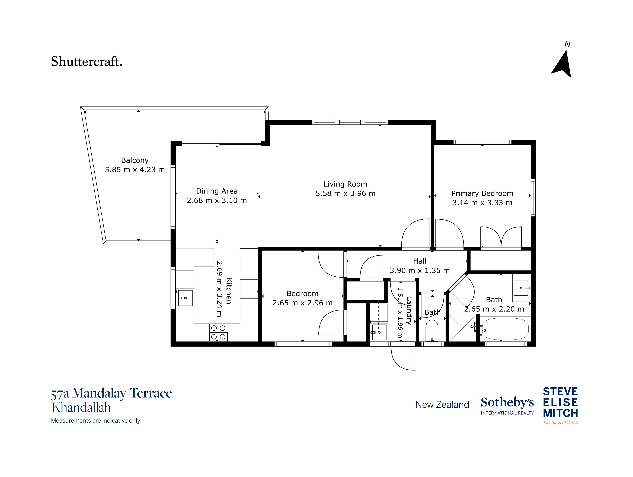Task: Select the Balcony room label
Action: [x=135, y=160]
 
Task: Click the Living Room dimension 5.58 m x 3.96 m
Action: [x=345, y=193]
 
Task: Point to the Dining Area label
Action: [x=217, y=191]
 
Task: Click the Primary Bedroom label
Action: [x=482, y=193]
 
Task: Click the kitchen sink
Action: [x=185, y=298]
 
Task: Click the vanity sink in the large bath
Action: [x=521, y=288]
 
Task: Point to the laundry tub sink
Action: [x=379, y=332]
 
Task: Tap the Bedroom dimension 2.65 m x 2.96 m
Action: [x=302, y=303]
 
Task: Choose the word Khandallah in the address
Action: [x=81, y=408]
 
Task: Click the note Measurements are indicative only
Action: [x=96, y=421]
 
